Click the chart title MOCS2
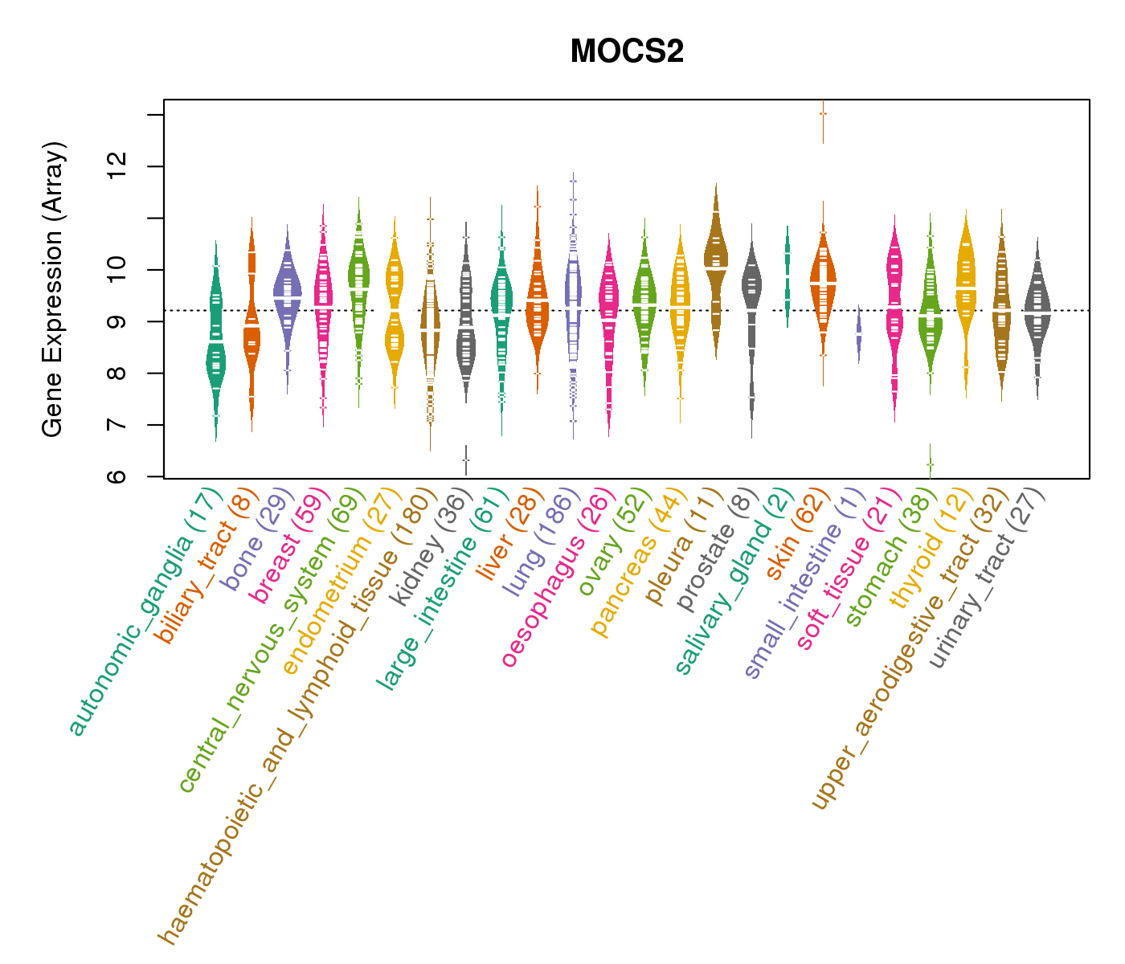pos(627,52)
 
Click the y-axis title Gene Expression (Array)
pos(53,289)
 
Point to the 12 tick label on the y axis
pos(118,167)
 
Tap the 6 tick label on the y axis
pos(118,476)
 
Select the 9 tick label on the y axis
pos(118,321)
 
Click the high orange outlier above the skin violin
pos(823,113)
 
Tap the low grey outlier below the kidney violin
pos(466,460)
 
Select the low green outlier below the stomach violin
pos(930,464)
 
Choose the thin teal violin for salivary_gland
pos(787,273)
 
